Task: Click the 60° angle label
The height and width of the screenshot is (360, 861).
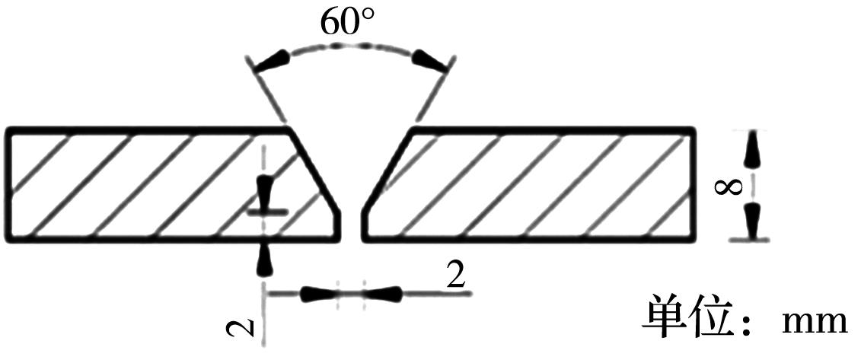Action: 348,21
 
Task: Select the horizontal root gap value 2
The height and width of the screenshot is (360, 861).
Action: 456,276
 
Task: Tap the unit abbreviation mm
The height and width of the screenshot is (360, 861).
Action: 814,323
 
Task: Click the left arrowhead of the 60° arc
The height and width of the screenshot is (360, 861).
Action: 273,60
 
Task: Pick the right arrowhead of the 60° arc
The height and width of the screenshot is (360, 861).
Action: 431,59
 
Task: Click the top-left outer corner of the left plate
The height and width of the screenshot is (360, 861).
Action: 8,130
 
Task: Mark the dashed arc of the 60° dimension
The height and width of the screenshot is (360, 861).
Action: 352,46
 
